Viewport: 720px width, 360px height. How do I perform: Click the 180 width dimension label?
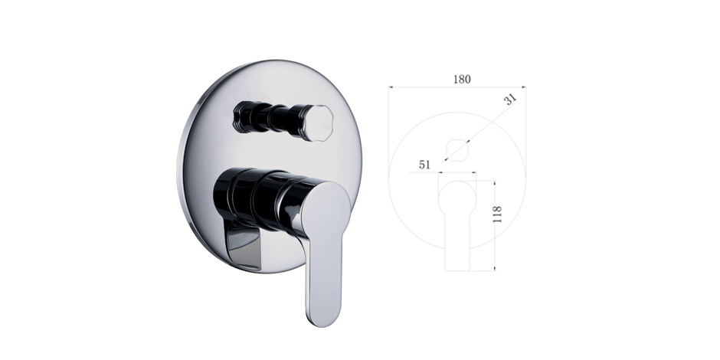(x=462, y=80)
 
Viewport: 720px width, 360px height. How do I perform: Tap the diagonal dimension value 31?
(x=511, y=99)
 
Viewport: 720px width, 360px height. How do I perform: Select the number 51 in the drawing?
(x=425, y=165)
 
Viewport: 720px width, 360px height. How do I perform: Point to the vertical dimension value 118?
(x=497, y=214)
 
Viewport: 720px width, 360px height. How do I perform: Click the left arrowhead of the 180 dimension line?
(x=391, y=87)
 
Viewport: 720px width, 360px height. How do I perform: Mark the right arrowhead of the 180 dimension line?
(x=523, y=87)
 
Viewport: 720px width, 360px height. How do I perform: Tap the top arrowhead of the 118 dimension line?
(x=495, y=183)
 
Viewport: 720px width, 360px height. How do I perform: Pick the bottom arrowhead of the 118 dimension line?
(x=495, y=268)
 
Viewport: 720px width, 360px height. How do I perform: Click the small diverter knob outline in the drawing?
(x=457, y=150)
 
